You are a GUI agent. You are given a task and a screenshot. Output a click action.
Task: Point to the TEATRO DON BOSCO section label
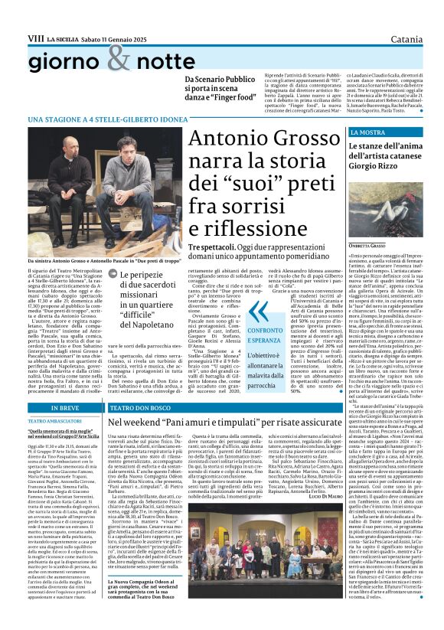tap(137, 409)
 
